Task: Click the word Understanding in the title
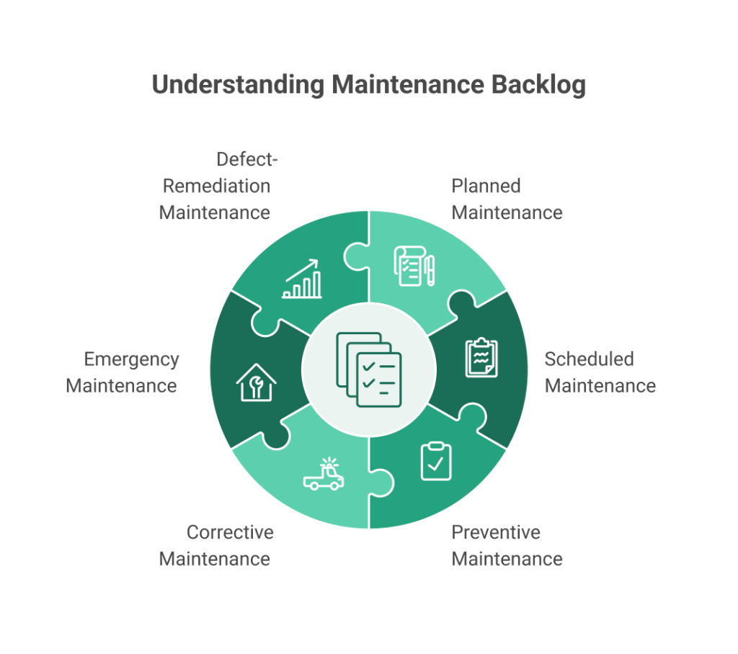coord(238,85)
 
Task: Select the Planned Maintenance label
coord(507,199)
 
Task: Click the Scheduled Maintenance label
coord(600,372)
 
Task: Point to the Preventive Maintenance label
coord(507,545)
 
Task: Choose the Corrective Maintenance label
coord(215,545)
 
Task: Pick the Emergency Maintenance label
coord(122,372)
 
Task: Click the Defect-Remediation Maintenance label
coord(215,186)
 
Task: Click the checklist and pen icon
coord(414,265)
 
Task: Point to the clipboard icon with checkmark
coord(435,461)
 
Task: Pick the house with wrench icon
coord(257,381)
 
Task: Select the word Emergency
coord(131,359)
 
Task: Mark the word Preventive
coord(496,532)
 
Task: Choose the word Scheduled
coord(589,359)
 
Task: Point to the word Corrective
coord(230,532)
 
